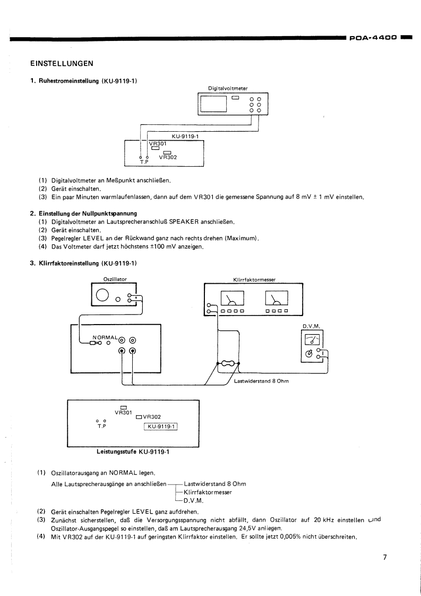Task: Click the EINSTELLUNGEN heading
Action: pyautogui.click(x=62, y=64)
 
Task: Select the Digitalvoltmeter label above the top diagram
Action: pyautogui.click(x=228, y=88)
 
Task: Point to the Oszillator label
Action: pyautogui.click(x=115, y=278)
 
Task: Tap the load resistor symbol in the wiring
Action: pyautogui.click(x=228, y=364)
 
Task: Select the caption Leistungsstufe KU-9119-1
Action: pyautogui.click(x=133, y=452)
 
